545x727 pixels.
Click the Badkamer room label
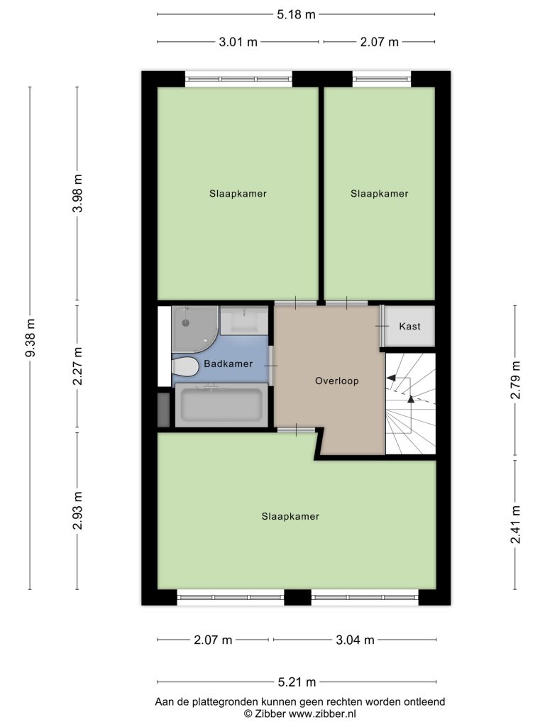click(228, 364)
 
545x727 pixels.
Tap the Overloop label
click(337, 381)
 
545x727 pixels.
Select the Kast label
click(409, 327)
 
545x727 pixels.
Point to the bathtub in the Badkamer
click(221, 405)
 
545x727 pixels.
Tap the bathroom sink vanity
click(244, 320)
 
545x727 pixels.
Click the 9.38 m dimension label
click(30, 338)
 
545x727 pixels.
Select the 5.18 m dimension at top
click(296, 15)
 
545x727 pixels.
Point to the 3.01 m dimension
click(238, 42)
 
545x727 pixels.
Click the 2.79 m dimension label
click(515, 380)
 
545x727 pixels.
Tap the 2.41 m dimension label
click(515, 525)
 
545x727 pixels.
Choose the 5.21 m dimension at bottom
click(297, 682)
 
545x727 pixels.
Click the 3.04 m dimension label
click(355, 640)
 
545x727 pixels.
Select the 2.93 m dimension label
click(77, 510)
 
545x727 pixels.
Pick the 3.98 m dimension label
click(77, 193)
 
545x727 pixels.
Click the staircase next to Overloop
click(411, 404)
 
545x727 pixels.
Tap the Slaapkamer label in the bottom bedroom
click(290, 517)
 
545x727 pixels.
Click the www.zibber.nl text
click(322, 714)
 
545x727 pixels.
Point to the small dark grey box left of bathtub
click(164, 410)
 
